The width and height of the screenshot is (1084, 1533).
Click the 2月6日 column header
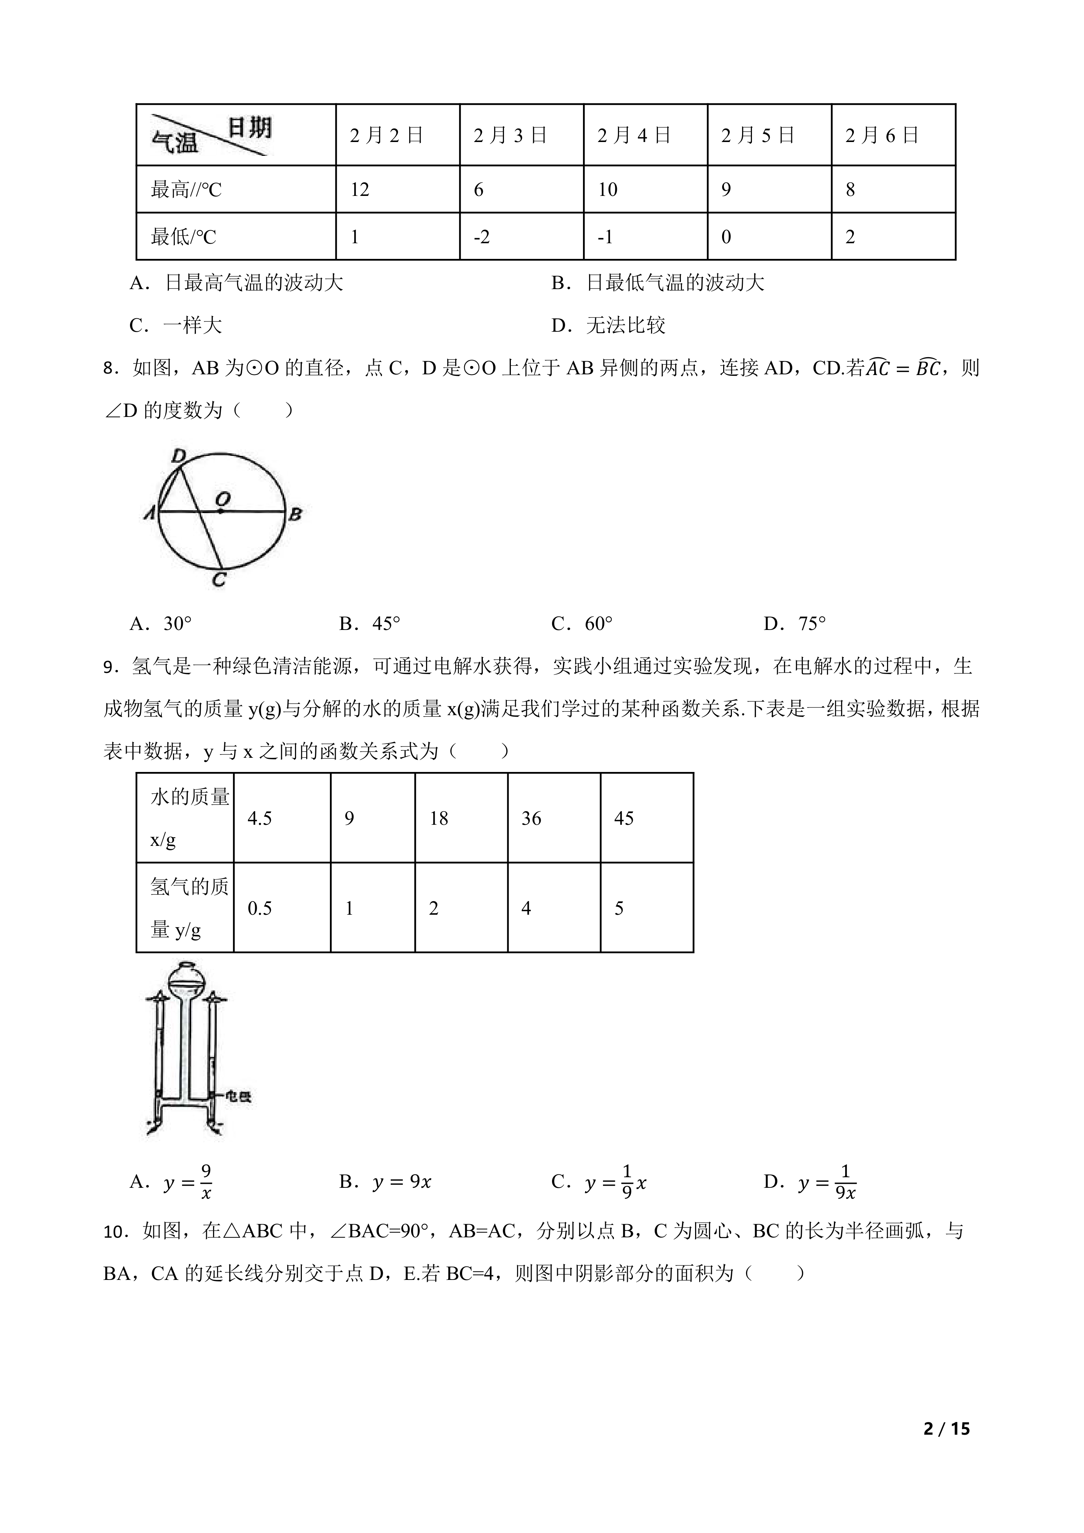pyautogui.click(x=882, y=135)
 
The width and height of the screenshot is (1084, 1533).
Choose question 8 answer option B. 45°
pyautogui.click(x=370, y=624)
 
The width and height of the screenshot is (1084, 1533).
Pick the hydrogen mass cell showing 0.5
pyautogui.click(x=260, y=908)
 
